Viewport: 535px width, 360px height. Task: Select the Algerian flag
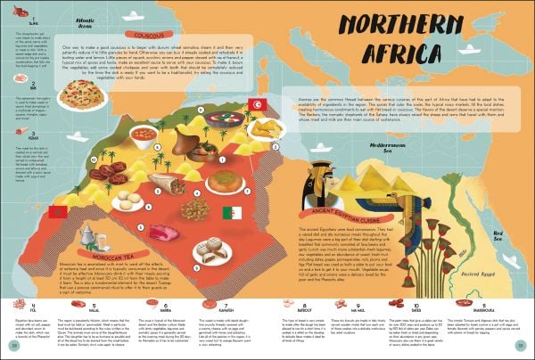tap(231, 213)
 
